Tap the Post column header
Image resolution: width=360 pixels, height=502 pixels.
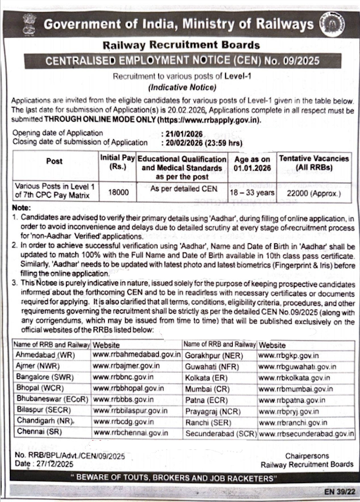click(x=54, y=161)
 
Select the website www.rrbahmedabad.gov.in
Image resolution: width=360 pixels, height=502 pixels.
click(x=136, y=356)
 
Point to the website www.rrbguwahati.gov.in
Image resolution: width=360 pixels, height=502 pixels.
click(x=297, y=368)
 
